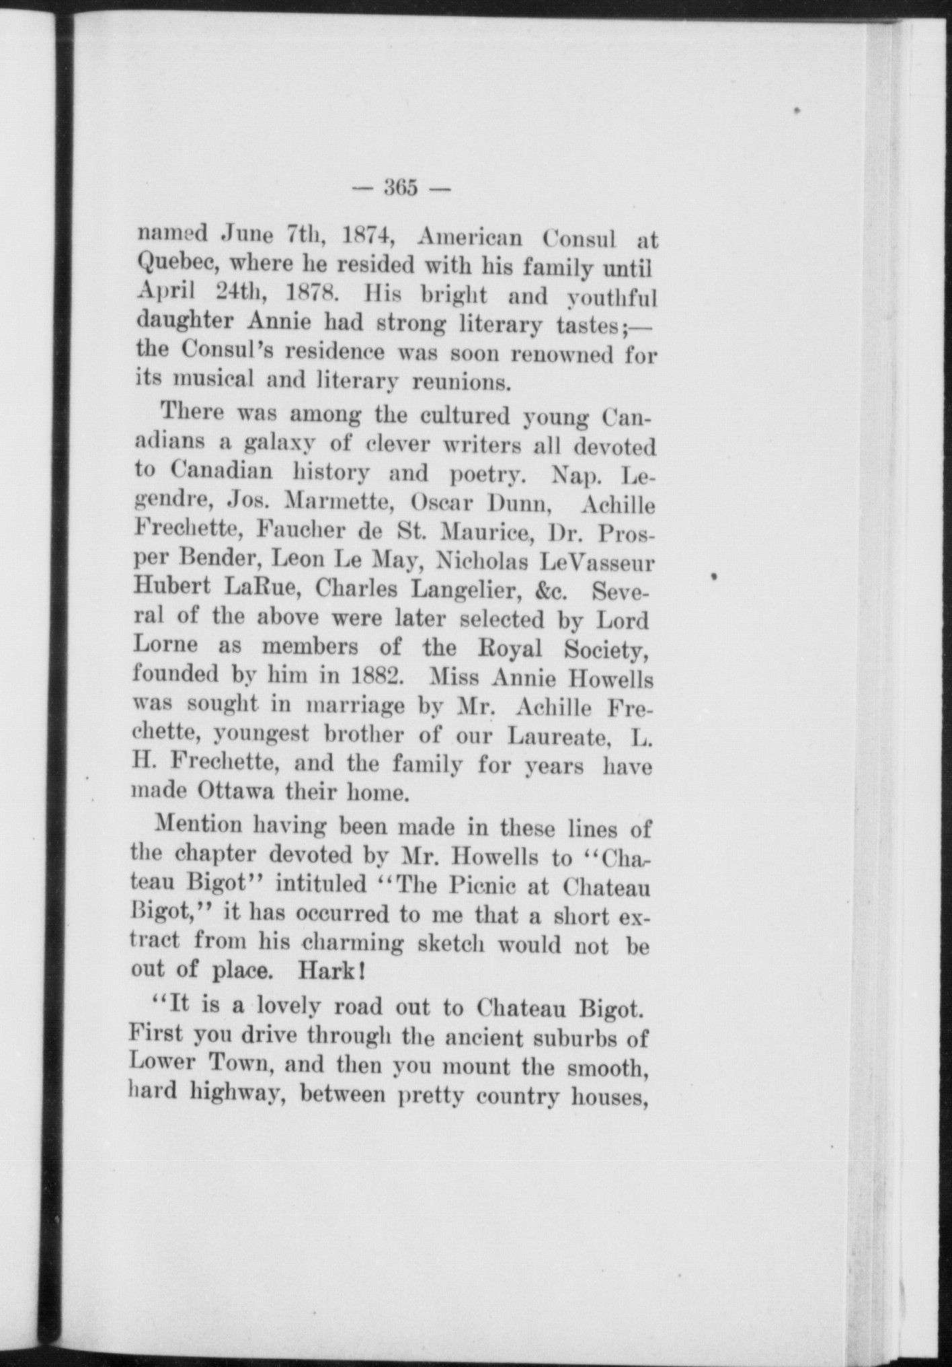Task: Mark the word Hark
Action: click(x=329, y=971)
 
